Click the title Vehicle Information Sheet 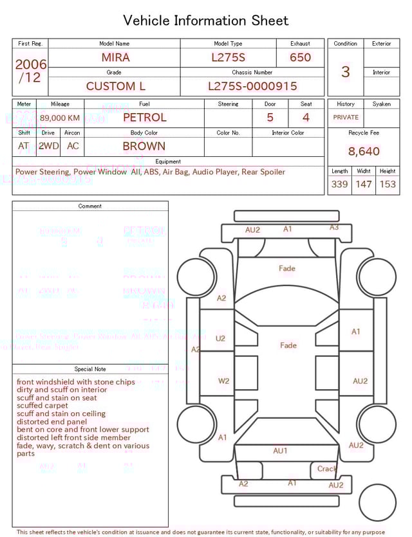pyautogui.click(x=206, y=21)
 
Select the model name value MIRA pyautogui.click(x=115, y=57)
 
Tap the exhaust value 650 pyautogui.click(x=300, y=57)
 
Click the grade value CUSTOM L pyautogui.click(x=115, y=86)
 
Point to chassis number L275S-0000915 pyautogui.click(x=252, y=86)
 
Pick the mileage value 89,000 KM pyautogui.click(x=60, y=118)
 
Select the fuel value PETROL pyautogui.click(x=144, y=118)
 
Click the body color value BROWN pyautogui.click(x=144, y=146)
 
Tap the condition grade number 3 pyautogui.click(x=345, y=71)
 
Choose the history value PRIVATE pyautogui.click(x=346, y=118)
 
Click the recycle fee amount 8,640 pyautogui.click(x=364, y=152)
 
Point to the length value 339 pyautogui.click(x=339, y=185)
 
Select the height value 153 pyautogui.click(x=388, y=185)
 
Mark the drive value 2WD pyautogui.click(x=48, y=146)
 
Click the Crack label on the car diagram pyautogui.click(x=327, y=469)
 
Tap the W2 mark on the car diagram pyautogui.click(x=223, y=381)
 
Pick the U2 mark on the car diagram pyautogui.click(x=221, y=338)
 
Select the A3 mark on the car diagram pyautogui.click(x=334, y=228)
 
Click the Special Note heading pyautogui.click(x=90, y=369)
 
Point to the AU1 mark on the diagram pyautogui.click(x=280, y=451)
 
